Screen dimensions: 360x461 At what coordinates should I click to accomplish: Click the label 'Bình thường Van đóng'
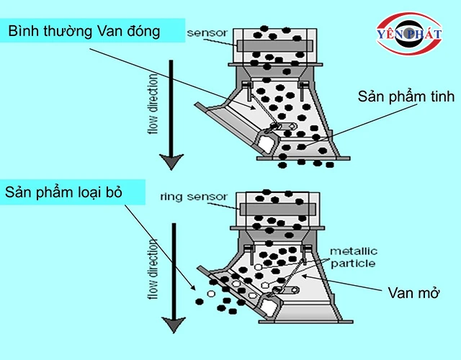[x=85, y=31]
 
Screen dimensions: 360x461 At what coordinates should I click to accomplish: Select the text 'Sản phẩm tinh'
[x=407, y=97]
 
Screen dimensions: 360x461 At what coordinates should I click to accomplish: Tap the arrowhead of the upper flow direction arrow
[x=171, y=161]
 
